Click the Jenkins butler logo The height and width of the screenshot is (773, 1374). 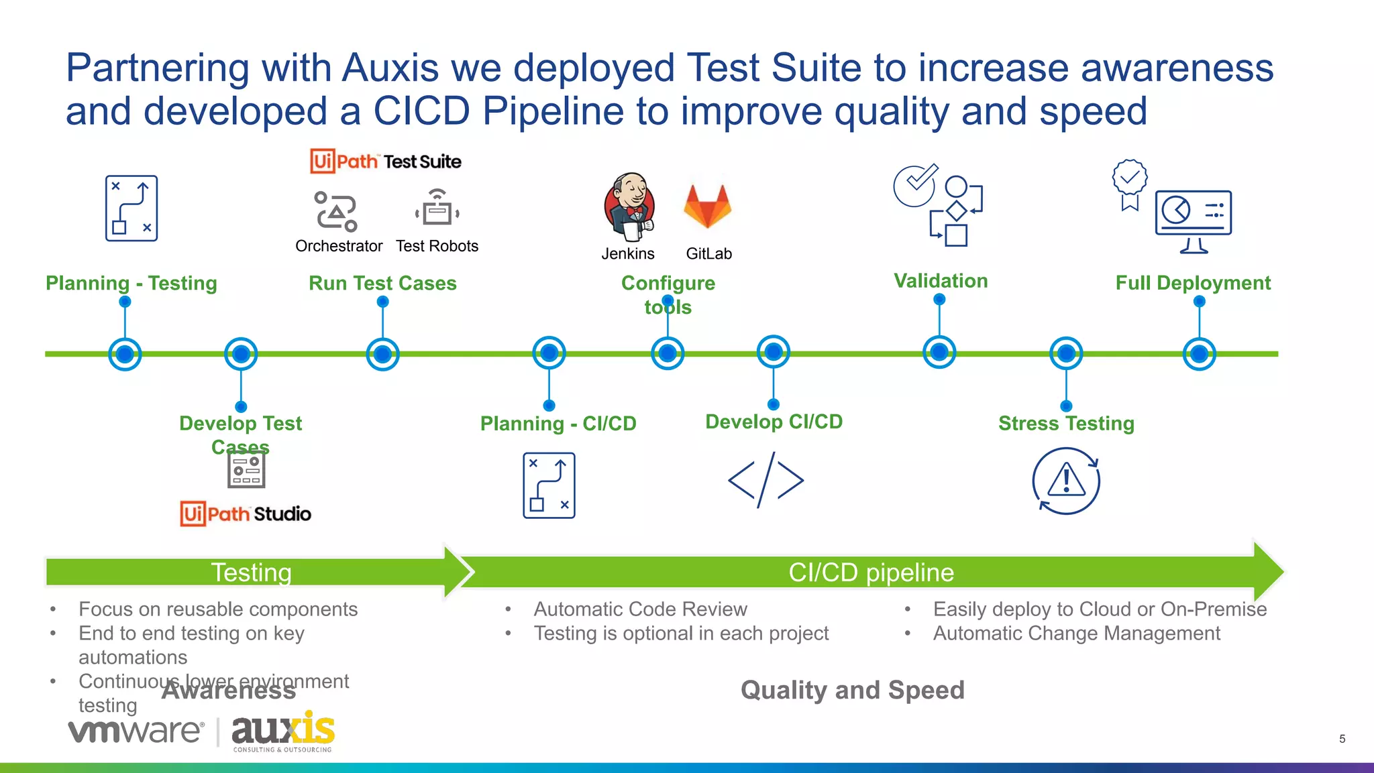pyautogui.click(x=629, y=206)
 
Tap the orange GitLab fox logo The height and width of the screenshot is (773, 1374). pyautogui.click(x=707, y=206)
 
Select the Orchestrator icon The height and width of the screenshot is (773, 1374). pyautogui.click(x=336, y=211)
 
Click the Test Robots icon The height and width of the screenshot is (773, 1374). pyautogui.click(x=437, y=208)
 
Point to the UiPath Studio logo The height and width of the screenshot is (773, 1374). pyautogui.click(x=246, y=514)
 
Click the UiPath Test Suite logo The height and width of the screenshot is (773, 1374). pyautogui.click(x=386, y=162)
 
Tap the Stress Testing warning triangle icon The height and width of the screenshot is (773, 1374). pyautogui.click(x=1066, y=481)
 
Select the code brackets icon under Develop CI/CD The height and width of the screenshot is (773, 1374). pyautogui.click(x=765, y=480)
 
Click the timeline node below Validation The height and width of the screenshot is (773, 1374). pyautogui.click(x=939, y=352)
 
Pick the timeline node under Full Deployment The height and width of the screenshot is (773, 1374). pyautogui.click(x=1199, y=354)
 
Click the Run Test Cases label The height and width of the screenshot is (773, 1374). pyautogui.click(x=382, y=283)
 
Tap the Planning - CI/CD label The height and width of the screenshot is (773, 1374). pyautogui.click(x=558, y=424)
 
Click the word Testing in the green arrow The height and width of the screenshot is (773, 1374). pyautogui.click(x=251, y=573)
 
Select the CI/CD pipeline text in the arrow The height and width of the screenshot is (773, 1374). pyautogui.click(x=871, y=573)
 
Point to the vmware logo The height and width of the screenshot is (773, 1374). pyautogui.click(x=136, y=731)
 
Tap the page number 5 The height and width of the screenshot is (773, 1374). pyautogui.click(x=1342, y=739)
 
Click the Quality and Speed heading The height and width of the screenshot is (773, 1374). pyautogui.click(x=852, y=690)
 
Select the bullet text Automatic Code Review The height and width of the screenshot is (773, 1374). pyautogui.click(x=640, y=609)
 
